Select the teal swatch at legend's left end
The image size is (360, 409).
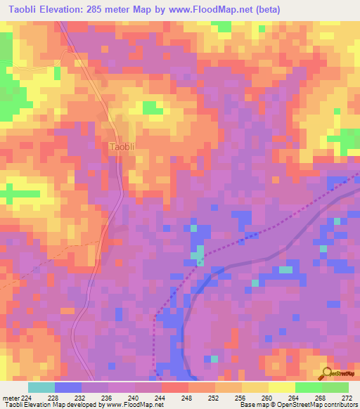coord(41,387)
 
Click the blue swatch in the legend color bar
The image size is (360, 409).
coord(67,387)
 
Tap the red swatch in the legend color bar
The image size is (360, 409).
coord(174,387)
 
